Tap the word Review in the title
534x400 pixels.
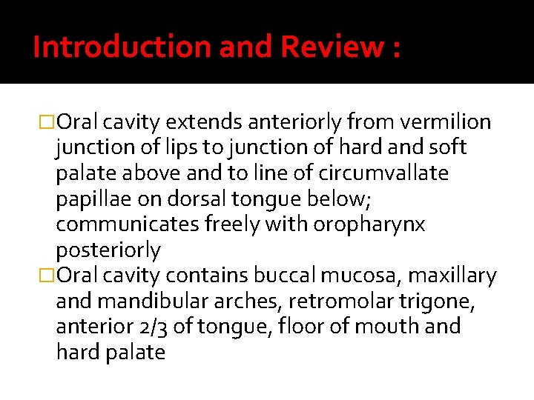332,47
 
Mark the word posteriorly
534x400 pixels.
108,250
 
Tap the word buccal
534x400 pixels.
286,276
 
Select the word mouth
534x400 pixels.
379,327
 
